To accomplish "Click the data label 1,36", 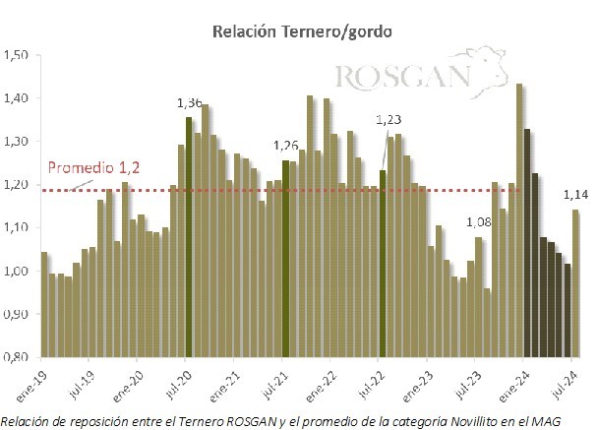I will click(x=189, y=102).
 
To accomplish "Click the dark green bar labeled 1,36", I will click(x=189, y=236).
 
